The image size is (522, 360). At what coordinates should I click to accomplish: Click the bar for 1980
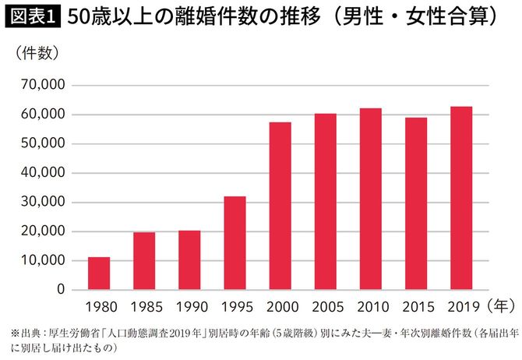coord(99,274)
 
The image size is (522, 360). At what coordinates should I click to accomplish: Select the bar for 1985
coord(144,261)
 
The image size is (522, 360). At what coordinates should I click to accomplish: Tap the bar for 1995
coord(235,243)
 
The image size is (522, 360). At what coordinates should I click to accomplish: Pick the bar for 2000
coord(280,206)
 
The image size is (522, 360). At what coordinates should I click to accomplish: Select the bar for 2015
coord(416,203)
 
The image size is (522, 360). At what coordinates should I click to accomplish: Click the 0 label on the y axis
coord(58,290)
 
